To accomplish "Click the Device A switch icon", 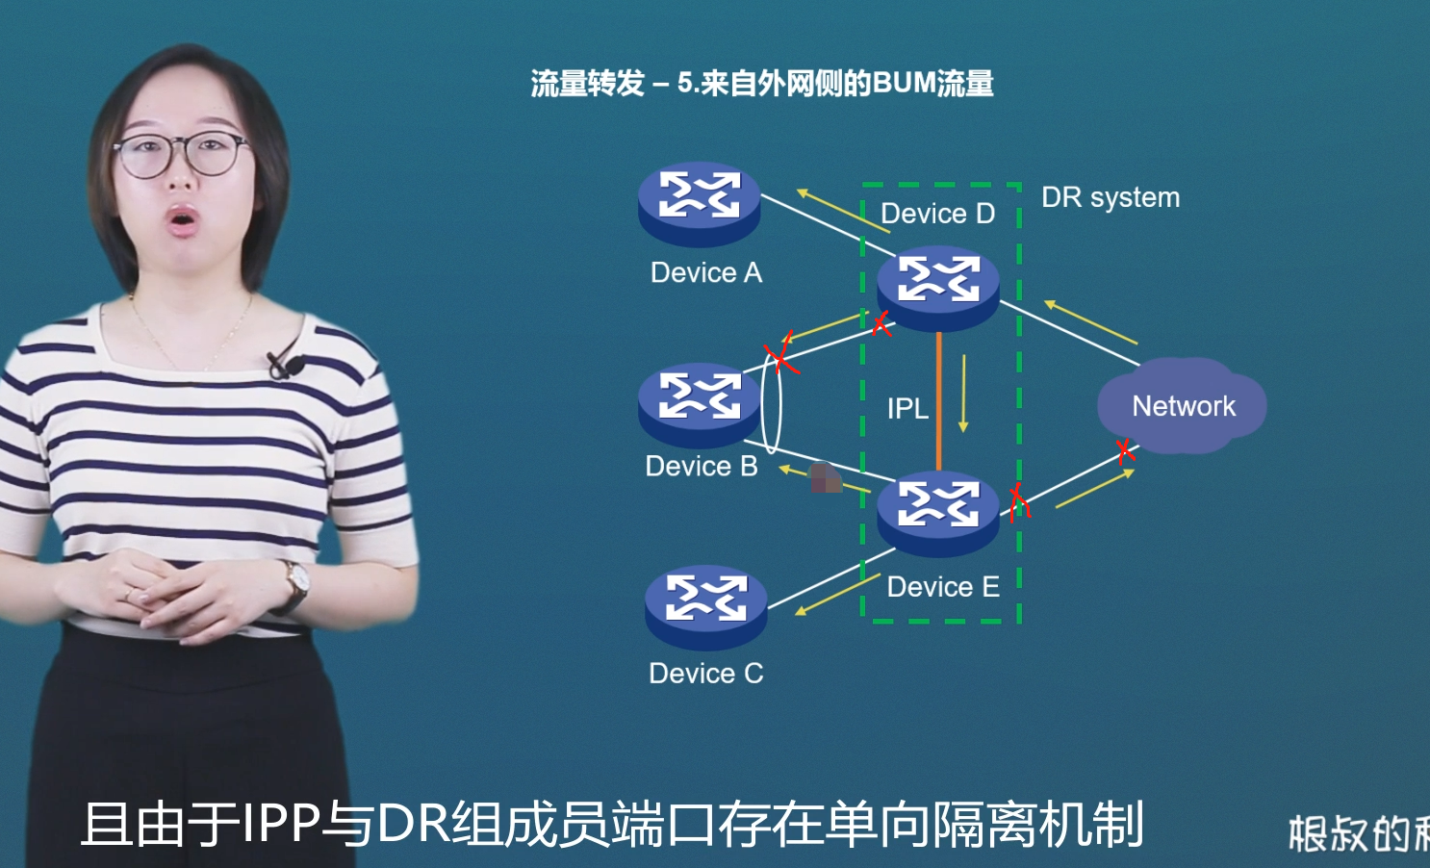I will (700, 203).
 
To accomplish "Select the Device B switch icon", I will (700, 404).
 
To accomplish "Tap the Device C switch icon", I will (705, 606).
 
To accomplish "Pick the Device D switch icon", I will (938, 287).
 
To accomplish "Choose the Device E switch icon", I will (938, 512).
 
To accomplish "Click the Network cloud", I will (1183, 406).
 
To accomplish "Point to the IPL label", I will (907, 409).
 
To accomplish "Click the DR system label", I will (1111, 197).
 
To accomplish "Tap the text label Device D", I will (937, 214).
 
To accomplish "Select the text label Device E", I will (943, 587).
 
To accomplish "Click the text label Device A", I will (706, 273).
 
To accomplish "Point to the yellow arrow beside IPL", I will (963, 394).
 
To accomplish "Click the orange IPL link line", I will (939, 404).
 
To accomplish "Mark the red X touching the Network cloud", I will (1125, 450).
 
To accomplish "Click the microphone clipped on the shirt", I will (286, 365).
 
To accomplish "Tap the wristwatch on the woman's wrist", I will (296, 581).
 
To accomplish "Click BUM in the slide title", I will (904, 84).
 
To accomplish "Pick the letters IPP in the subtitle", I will (280, 825).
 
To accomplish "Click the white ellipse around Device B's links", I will (772, 401).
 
